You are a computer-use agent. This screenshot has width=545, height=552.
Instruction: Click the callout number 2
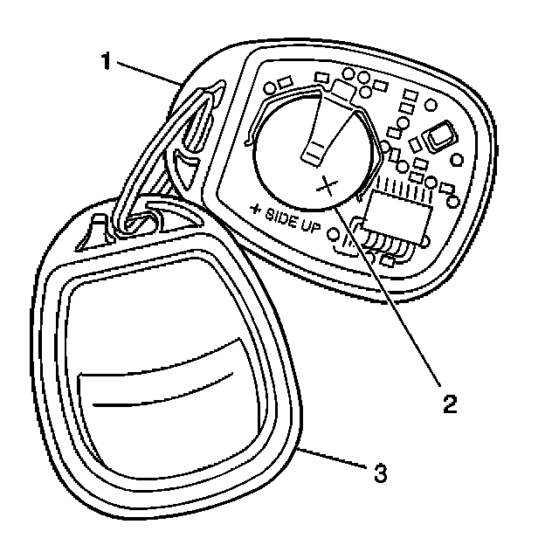coord(449,404)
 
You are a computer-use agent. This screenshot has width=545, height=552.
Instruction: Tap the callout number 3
coord(379,474)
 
